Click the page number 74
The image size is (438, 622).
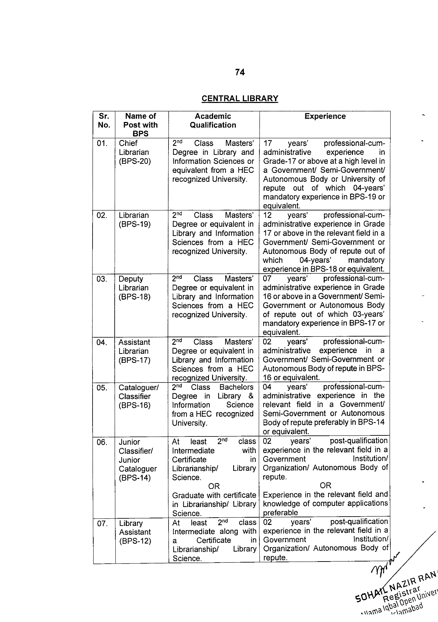tap(240, 72)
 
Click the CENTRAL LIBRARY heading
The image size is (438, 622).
tap(240, 98)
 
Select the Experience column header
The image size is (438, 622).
tap(325, 116)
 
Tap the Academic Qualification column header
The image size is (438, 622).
tap(213, 121)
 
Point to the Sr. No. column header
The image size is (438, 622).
tap(104, 121)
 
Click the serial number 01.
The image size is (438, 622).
tap(102, 143)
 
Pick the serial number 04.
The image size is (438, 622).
tap(102, 342)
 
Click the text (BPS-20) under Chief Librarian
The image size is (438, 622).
tap(135, 161)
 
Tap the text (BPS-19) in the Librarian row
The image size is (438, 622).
tap(135, 224)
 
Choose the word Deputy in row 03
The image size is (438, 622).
tap(131, 279)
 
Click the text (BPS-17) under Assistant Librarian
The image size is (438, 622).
tap(135, 360)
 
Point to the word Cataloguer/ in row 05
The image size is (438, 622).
tap(139, 388)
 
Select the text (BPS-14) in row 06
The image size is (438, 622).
tap(135, 478)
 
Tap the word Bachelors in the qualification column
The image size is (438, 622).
tap(236, 387)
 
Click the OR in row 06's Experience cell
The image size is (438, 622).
tap(325, 486)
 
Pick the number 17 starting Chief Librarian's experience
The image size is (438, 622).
tap(268, 143)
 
